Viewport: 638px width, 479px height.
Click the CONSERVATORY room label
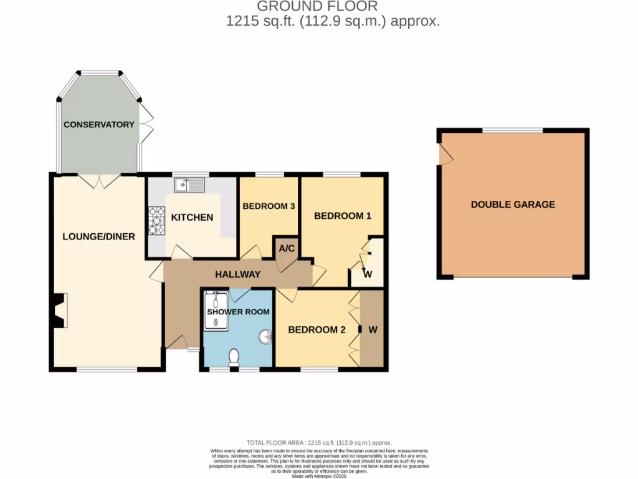tap(98, 124)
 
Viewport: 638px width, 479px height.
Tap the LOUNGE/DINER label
tap(99, 236)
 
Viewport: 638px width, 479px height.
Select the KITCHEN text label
tap(192, 217)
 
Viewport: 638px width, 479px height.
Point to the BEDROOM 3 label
tap(269, 206)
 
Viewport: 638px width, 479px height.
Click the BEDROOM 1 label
tap(343, 216)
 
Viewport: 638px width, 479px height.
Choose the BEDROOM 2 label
tap(317, 330)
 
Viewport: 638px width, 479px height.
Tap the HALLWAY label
tap(237, 274)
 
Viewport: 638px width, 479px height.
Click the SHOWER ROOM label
tap(239, 312)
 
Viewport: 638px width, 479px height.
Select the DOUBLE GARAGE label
tap(513, 204)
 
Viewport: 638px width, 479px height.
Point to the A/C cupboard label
tap(287, 248)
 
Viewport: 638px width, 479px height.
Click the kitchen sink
tap(190, 184)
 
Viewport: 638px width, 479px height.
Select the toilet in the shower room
tap(234, 357)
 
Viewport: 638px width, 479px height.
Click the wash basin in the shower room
tap(265, 337)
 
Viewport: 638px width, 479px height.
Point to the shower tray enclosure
tap(215, 309)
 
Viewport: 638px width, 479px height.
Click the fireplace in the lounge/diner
tap(60, 311)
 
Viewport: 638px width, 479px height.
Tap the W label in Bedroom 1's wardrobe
tap(368, 274)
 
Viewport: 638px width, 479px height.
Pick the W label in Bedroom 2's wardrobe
tap(373, 330)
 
